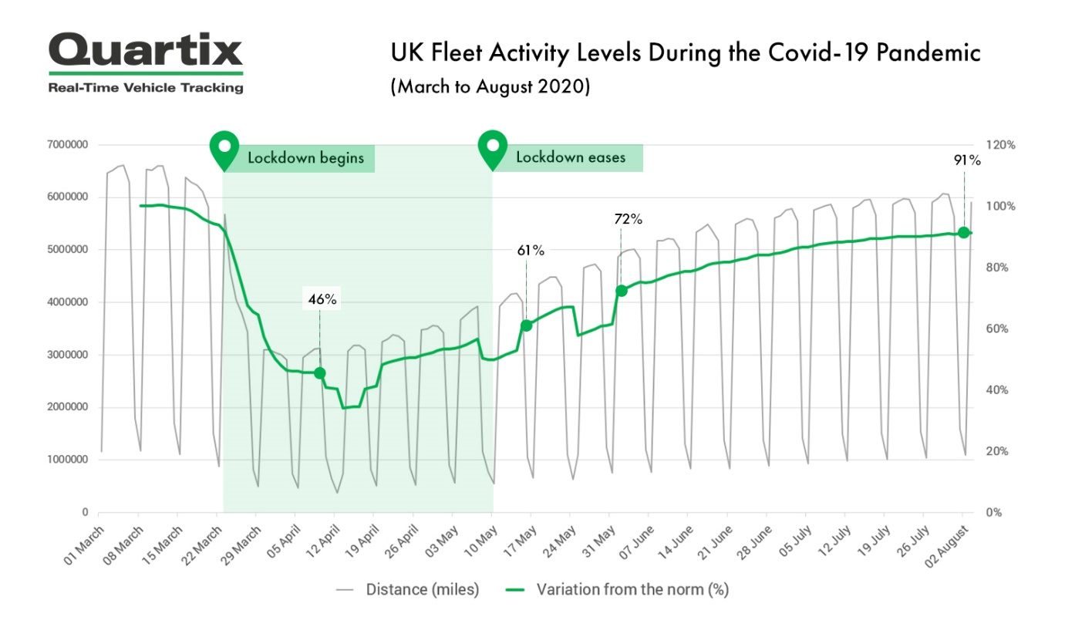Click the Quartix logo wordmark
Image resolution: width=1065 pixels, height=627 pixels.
pos(146,51)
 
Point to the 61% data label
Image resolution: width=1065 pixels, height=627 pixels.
pos(531,250)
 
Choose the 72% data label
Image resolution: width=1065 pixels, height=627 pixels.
pos(629,219)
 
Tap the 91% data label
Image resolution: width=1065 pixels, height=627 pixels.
pos(966,160)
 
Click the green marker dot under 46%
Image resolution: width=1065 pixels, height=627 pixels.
pos(320,373)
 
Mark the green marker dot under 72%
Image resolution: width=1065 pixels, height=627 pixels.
pos(621,291)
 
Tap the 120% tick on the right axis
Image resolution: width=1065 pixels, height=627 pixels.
pos(1001,145)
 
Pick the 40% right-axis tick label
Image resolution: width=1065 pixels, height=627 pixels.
pos(999,390)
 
